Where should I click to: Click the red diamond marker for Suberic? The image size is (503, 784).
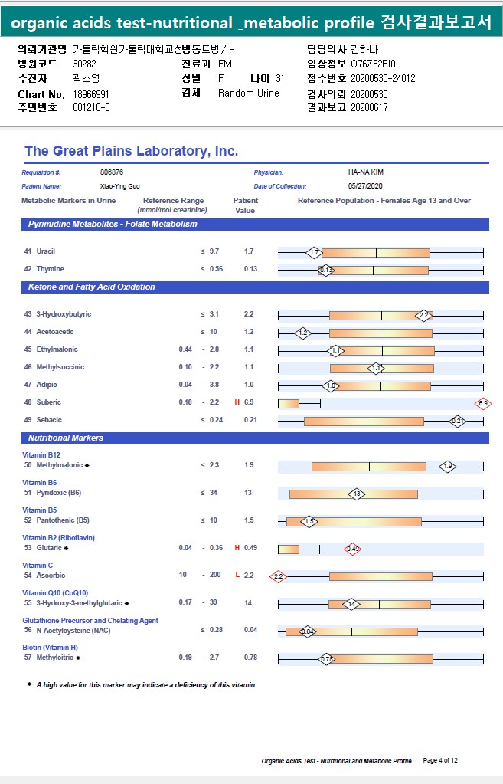[482, 403]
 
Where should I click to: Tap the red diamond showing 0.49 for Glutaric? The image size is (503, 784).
[353, 549]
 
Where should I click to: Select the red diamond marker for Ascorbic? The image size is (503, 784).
[278, 576]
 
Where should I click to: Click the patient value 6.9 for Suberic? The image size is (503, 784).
[249, 402]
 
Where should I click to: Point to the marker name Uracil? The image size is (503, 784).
[45, 251]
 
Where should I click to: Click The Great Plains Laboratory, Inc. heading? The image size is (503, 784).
[131, 151]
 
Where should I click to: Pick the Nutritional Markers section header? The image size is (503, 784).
[66, 438]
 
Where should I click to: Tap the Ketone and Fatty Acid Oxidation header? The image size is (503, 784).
[92, 287]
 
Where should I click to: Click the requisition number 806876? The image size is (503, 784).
[112, 172]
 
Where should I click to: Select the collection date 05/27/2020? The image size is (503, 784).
[364, 186]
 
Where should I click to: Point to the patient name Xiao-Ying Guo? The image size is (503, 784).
[119, 186]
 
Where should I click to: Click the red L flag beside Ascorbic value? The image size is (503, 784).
[237, 575]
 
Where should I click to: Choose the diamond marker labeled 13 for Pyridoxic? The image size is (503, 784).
[356, 494]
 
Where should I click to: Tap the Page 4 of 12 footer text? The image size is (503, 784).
[440, 760]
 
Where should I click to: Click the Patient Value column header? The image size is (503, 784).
[245, 205]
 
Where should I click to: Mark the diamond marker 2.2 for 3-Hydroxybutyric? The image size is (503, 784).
[424, 315]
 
